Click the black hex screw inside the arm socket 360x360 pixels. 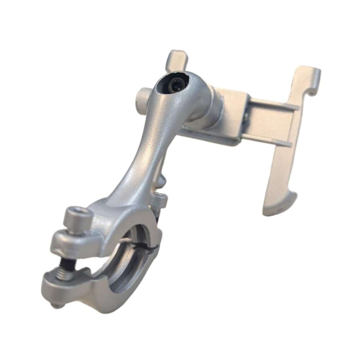click(x=175, y=86)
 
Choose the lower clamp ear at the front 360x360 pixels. click(x=61, y=284)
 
